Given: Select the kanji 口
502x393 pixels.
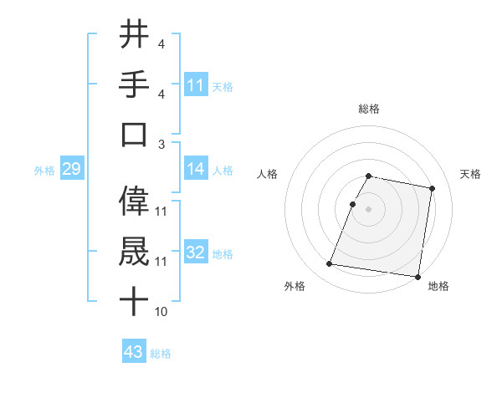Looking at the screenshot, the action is click(134, 135).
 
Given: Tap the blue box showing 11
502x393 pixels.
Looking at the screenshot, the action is click(196, 84).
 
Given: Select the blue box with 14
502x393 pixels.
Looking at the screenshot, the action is click(196, 169).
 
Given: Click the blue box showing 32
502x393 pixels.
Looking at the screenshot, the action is click(196, 253).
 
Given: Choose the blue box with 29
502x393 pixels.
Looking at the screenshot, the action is click(71, 170).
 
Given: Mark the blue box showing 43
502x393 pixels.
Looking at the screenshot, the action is click(134, 352).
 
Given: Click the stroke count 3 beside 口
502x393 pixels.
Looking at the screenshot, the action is click(161, 143).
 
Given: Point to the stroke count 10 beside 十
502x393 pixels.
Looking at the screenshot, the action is click(161, 312).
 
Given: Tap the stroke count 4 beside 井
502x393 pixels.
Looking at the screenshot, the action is click(161, 43).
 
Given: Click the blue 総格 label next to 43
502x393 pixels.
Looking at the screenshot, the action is click(161, 353).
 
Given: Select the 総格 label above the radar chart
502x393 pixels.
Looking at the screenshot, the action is click(369, 109).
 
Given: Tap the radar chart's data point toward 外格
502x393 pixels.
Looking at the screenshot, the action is click(329, 264).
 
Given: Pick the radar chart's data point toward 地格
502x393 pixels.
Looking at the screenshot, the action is click(417, 277).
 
